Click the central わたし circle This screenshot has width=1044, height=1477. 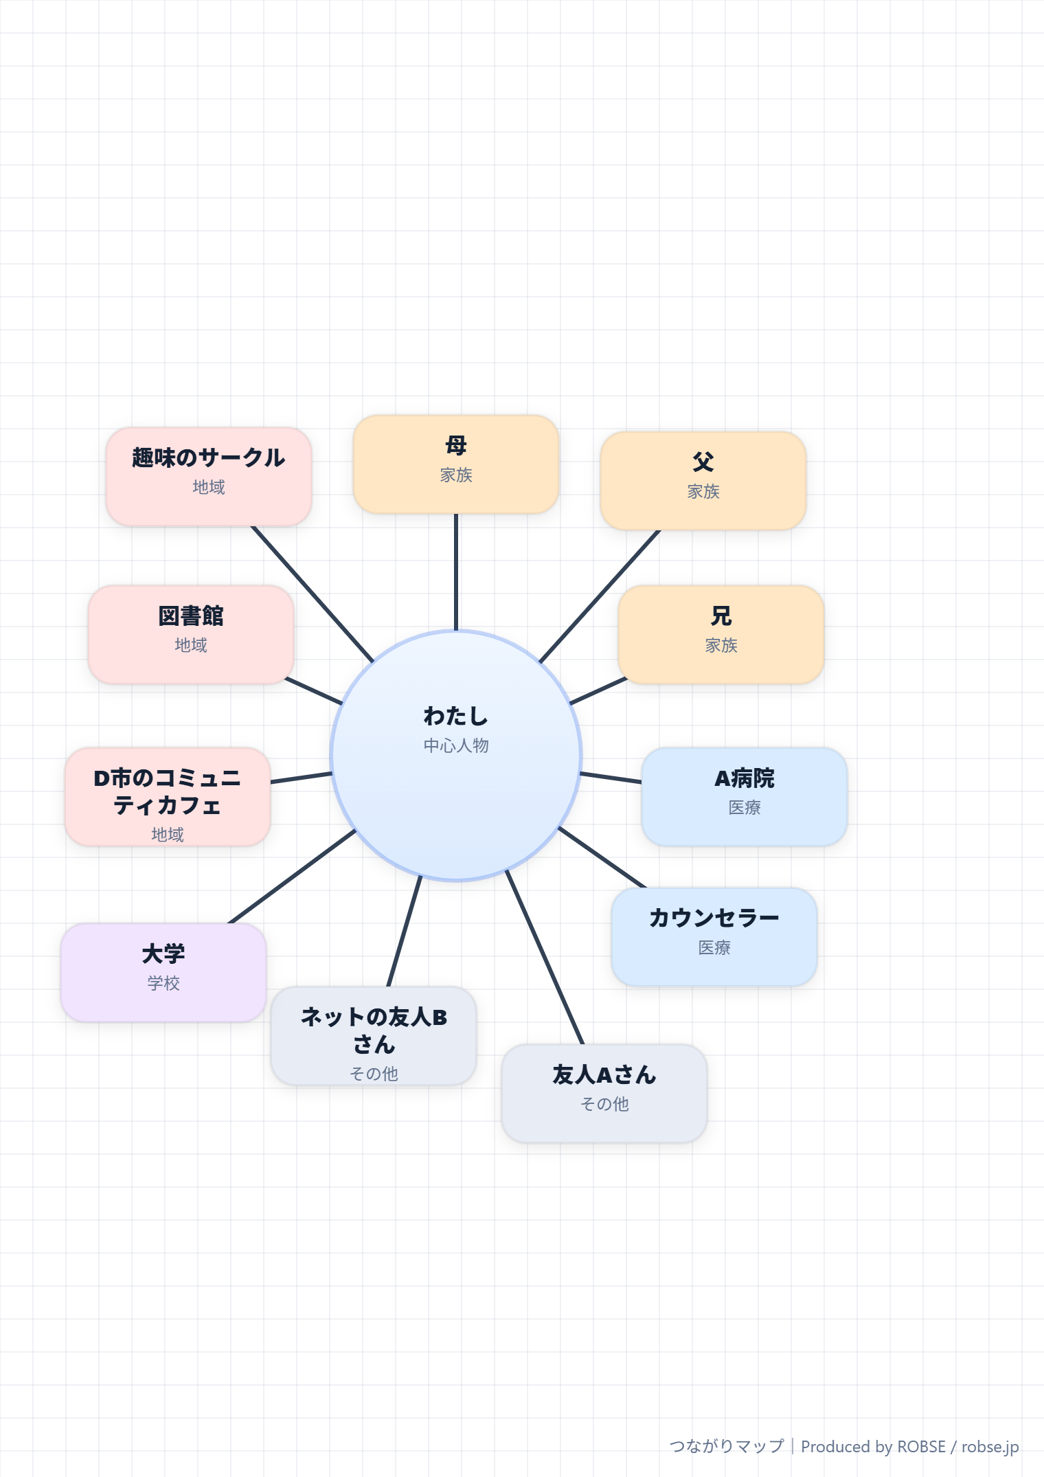point(456,756)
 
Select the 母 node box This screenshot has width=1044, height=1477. point(456,464)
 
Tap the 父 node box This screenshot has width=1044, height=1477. point(703,481)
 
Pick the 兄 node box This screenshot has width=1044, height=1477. point(721,635)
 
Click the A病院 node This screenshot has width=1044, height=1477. point(745,797)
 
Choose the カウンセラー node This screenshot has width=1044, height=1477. point(714,937)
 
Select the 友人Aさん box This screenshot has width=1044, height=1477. point(604,1094)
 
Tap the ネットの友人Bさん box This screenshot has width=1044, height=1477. point(374,1036)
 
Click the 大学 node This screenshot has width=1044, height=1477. point(163,973)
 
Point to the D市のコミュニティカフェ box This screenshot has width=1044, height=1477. point(168,797)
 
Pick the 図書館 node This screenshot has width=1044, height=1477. point(191,635)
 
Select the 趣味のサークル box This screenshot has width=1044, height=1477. point(209,477)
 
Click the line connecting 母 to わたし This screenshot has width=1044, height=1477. point(456,572)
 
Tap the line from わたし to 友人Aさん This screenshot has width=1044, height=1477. point(545,957)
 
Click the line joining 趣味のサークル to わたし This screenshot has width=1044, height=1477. point(313,594)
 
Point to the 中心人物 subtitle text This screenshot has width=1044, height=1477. point(456,745)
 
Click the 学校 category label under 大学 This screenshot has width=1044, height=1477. point(163,983)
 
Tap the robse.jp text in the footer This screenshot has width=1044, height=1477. point(990,1447)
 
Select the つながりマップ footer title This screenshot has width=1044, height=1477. point(727,1446)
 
